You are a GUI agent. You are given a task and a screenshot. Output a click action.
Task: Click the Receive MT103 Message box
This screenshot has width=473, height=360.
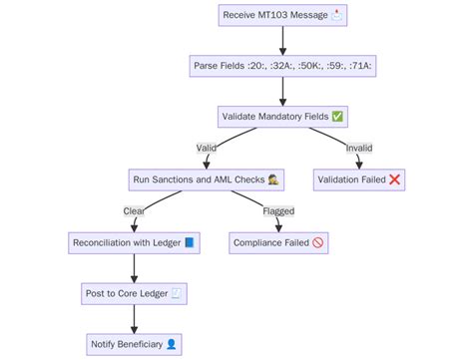point(283,17)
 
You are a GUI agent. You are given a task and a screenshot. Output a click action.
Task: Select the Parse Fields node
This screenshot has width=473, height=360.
point(283,67)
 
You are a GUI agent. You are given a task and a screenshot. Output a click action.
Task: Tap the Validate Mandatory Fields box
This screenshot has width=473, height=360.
point(283,117)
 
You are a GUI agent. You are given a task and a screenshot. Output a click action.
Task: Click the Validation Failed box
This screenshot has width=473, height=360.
point(360,180)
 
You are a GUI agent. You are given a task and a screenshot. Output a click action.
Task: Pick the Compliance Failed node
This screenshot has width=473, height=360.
point(278,242)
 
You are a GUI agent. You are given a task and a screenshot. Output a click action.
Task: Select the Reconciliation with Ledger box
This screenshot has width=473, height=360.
point(134,242)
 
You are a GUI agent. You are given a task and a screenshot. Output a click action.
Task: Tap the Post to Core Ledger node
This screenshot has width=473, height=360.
point(134,293)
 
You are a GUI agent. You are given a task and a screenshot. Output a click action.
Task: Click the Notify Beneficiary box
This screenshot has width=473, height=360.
point(134,344)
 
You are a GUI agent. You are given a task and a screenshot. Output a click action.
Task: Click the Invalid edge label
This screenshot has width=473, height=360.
point(359,149)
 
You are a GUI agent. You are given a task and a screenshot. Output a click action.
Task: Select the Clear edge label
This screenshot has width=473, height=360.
point(134,211)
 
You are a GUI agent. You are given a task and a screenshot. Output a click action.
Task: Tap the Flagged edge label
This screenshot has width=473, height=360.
point(278,211)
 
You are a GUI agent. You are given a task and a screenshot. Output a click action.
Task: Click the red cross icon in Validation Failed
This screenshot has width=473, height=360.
point(394,180)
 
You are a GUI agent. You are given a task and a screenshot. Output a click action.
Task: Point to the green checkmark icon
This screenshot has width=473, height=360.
point(337,117)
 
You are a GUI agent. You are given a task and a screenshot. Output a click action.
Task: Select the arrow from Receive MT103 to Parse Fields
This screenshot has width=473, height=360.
point(283,42)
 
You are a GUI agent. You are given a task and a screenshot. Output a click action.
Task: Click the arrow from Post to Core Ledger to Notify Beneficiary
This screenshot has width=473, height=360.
point(134,318)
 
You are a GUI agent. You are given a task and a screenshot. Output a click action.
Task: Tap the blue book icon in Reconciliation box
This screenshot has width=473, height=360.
point(190,242)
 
